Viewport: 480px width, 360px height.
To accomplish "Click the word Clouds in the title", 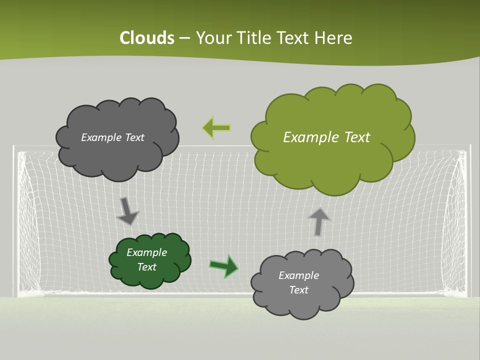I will (x=147, y=38).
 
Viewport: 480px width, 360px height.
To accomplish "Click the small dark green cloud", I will (x=150, y=260).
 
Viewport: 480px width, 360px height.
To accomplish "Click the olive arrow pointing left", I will (x=216, y=128).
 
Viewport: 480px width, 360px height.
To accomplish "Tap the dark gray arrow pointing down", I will (x=127, y=210).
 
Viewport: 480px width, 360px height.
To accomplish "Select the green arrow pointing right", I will (x=223, y=265).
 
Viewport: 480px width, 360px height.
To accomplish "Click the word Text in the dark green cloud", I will (x=147, y=267).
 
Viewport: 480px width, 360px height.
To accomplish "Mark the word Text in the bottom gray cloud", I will (x=298, y=290).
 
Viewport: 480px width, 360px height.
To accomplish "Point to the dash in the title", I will (x=184, y=38).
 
